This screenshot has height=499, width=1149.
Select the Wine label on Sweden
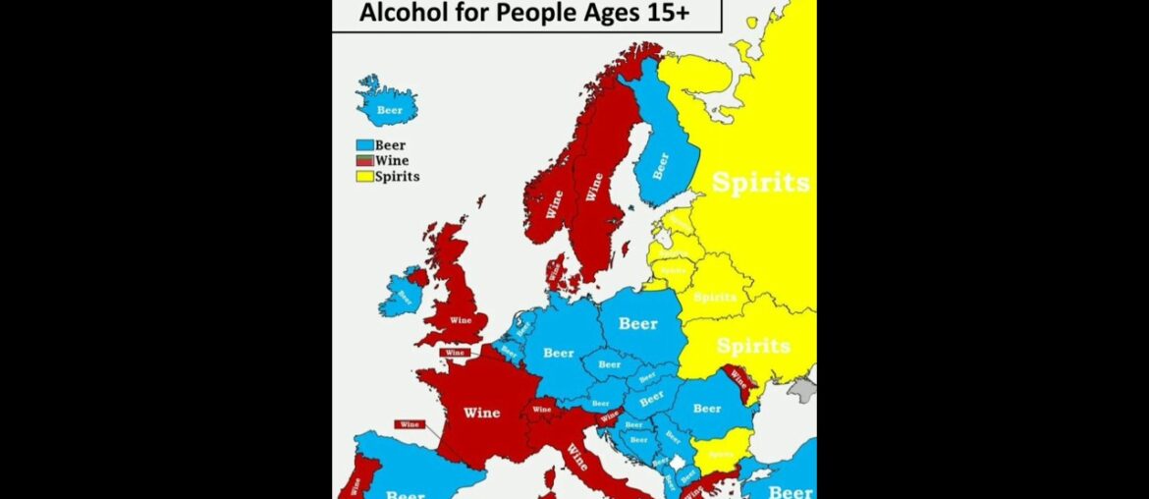point(594,187)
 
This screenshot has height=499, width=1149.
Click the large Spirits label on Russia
point(761,183)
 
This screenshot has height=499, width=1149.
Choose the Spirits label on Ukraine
point(753,346)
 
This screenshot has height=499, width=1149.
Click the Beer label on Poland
point(637,323)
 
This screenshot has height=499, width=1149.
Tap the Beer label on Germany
point(558,353)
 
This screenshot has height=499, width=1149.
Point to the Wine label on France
point(481,413)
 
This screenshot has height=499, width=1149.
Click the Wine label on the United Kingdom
point(461,320)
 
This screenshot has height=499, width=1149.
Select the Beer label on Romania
point(706,408)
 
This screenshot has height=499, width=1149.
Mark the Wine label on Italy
point(576,458)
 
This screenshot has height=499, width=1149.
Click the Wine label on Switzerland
point(541,409)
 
